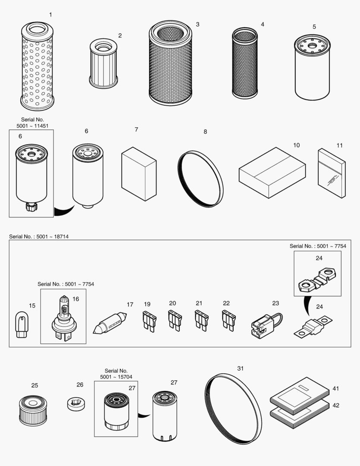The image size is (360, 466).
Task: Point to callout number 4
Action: tap(262, 25)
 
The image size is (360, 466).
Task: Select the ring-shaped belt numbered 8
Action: tap(200, 179)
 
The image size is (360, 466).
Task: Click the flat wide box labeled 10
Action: tap(272, 173)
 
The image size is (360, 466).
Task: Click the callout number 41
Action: tap(336, 389)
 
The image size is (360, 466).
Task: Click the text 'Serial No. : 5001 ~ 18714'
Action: tap(39, 237)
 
